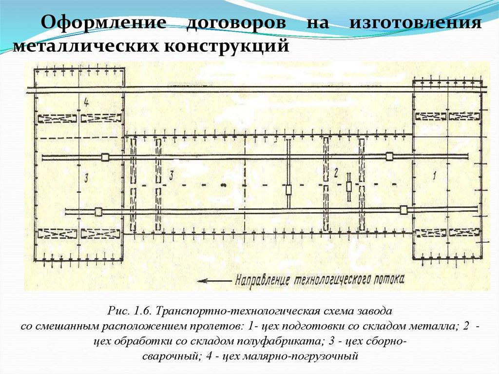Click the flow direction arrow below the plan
pyautogui.click(x=214, y=281)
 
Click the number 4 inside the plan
pyautogui.click(x=86, y=102)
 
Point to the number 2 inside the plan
pyautogui.click(x=336, y=173)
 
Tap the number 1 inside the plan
pyautogui.click(x=434, y=176)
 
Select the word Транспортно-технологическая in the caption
pyautogui.click(x=242, y=311)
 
